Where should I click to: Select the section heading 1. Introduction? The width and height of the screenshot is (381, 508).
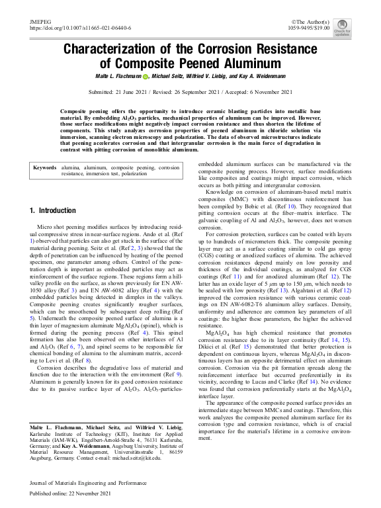click(x=53, y=210)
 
